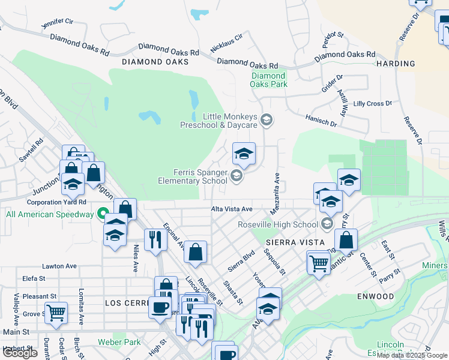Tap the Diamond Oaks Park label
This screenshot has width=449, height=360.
(x=268, y=80)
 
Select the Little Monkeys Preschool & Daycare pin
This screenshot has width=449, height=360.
(x=268, y=121)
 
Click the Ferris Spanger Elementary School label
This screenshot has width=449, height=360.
(x=193, y=176)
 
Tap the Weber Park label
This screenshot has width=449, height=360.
(x=119, y=343)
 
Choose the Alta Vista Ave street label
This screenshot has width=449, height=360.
(x=231, y=209)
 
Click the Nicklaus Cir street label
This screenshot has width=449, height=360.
(x=226, y=43)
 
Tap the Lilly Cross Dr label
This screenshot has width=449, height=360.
(x=372, y=104)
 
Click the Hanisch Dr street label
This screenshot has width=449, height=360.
(x=321, y=122)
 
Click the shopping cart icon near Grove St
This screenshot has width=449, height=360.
(x=56, y=312)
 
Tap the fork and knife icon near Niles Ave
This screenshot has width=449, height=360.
(x=155, y=239)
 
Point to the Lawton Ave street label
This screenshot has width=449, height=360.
(x=59, y=266)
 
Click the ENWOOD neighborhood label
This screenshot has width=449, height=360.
(x=375, y=296)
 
